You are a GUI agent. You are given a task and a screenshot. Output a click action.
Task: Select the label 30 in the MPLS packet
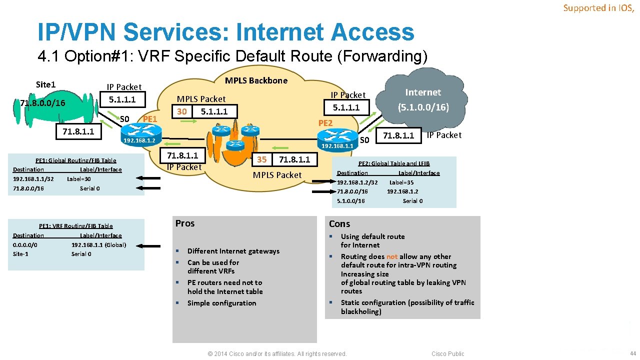[x=182, y=111]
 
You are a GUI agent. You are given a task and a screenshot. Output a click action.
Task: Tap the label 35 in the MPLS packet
[x=262, y=159]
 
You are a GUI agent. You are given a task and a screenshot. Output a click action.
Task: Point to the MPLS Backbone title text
[x=256, y=80]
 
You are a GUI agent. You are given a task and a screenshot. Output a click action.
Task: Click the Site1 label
[x=45, y=84]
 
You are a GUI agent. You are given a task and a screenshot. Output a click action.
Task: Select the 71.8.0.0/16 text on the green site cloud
[x=42, y=103]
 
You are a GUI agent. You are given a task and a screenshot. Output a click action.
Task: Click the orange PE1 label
[x=150, y=119]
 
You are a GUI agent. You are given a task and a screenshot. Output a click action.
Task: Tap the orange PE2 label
[x=325, y=123]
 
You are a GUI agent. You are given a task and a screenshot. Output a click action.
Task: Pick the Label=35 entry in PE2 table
[x=401, y=182]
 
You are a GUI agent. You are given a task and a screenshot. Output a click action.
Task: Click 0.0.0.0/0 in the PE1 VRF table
[x=25, y=244]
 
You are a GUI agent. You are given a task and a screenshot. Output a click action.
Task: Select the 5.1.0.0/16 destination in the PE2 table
[x=351, y=200]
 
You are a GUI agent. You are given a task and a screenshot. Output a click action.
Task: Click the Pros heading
[x=185, y=223]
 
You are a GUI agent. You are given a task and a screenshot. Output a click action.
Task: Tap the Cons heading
[x=339, y=224]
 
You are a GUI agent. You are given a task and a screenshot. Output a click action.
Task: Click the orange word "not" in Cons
[x=392, y=256]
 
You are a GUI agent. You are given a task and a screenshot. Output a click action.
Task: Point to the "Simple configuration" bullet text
[x=221, y=303]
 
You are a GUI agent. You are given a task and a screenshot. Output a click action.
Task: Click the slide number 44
[x=633, y=353]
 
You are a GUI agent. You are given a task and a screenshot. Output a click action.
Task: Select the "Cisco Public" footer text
[x=448, y=354]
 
